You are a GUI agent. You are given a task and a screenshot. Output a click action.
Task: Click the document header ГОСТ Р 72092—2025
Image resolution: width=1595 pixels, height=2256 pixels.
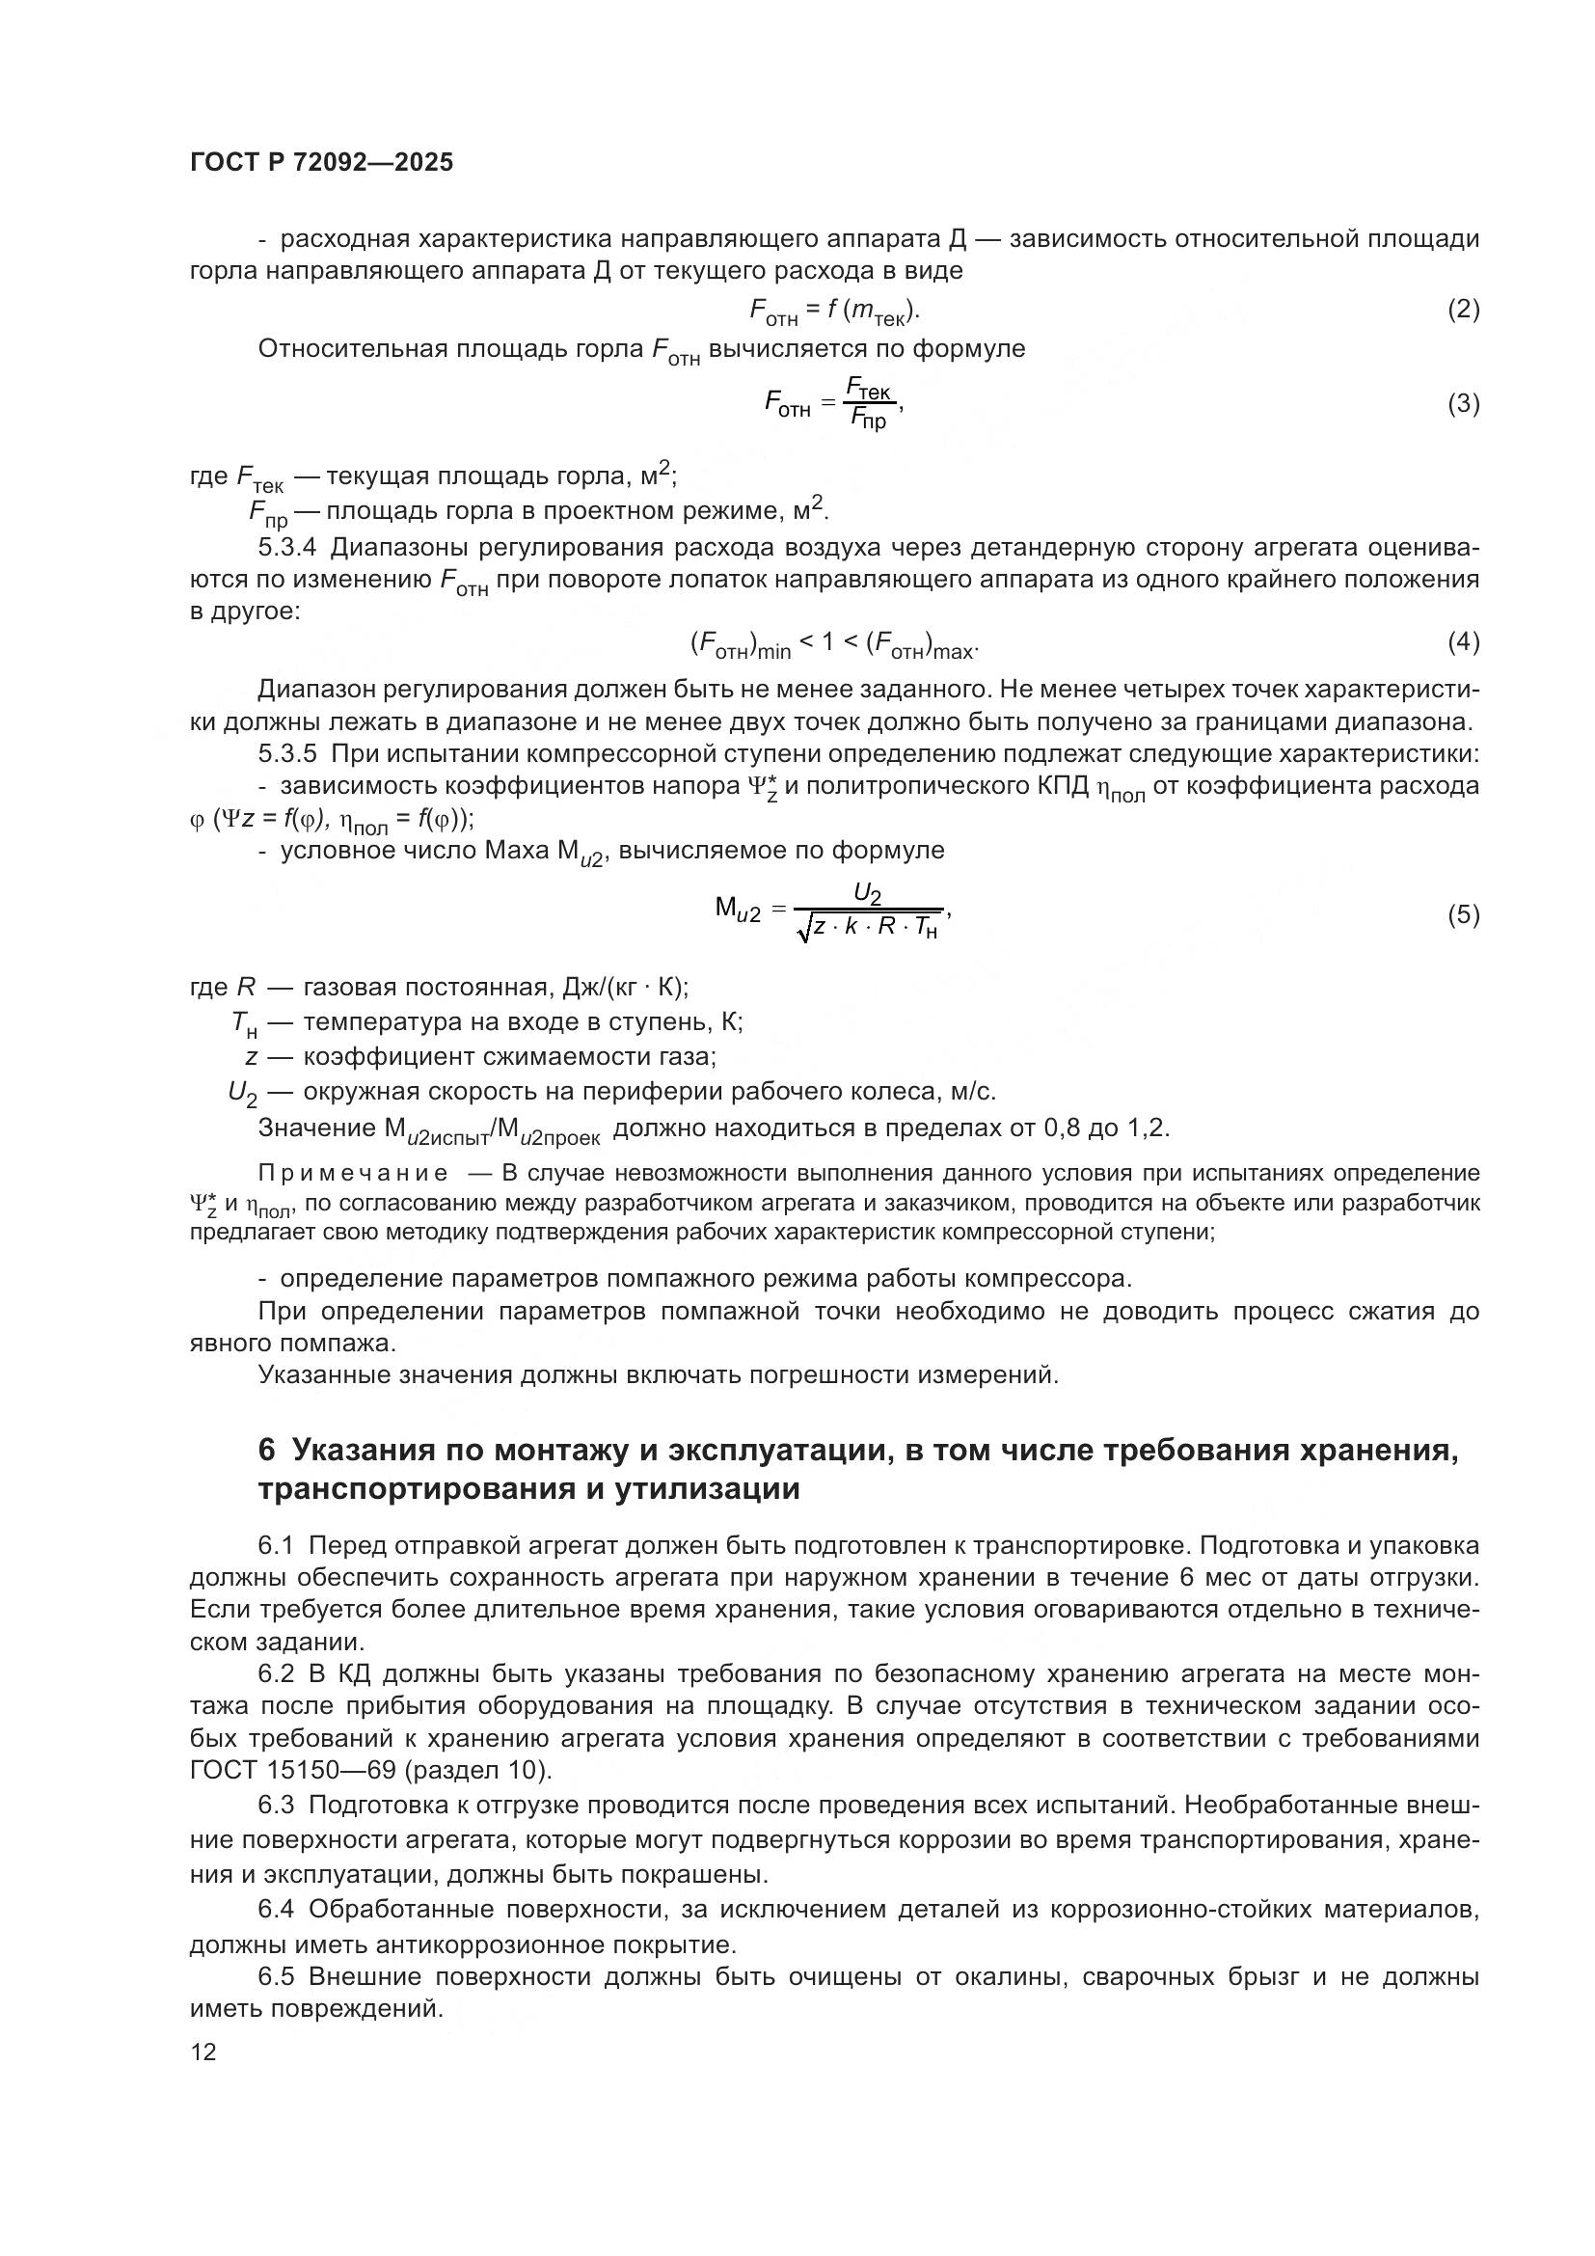[321, 163]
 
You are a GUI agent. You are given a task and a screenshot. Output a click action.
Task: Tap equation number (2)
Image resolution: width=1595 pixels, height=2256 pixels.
[1463, 310]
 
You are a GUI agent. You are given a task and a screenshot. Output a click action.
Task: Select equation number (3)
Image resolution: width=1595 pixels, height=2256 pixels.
[1463, 404]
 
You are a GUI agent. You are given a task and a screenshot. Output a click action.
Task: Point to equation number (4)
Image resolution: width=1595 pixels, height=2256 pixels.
[1463, 642]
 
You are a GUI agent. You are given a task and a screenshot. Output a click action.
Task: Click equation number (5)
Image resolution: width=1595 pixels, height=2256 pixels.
[1463, 914]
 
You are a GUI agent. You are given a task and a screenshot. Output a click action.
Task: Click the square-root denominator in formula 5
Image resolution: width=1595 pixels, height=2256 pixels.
[870, 928]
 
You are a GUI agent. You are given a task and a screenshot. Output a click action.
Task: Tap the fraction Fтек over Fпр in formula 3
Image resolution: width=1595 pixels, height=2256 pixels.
[868, 405]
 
